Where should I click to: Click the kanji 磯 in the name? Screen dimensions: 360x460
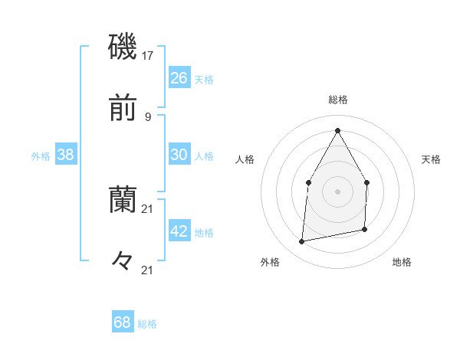pyautogui.click(x=123, y=47)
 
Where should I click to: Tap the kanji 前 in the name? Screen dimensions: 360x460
pyautogui.click(x=123, y=110)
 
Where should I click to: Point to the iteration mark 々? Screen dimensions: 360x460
pyautogui.click(x=123, y=261)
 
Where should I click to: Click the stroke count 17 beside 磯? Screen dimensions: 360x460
pyautogui.click(x=148, y=55)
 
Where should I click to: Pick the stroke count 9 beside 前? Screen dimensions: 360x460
pyautogui.click(x=148, y=116)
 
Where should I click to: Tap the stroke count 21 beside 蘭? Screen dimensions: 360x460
pyautogui.click(x=148, y=208)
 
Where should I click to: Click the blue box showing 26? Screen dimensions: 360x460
pyautogui.click(x=179, y=77)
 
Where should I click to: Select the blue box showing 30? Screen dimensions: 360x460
pyautogui.click(x=179, y=154)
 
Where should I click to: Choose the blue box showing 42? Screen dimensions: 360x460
pyautogui.click(x=179, y=231)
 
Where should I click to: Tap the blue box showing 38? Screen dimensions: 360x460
pyautogui.click(x=65, y=155)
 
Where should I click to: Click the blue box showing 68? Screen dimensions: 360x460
pyautogui.click(x=122, y=322)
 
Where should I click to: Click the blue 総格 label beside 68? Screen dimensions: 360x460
pyautogui.click(x=147, y=324)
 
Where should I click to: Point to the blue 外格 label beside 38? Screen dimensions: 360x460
pyautogui.click(x=41, y=156)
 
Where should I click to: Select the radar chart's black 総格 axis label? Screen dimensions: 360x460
pyautogui.click(x=338, y=100)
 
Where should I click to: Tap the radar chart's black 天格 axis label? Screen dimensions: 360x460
pyautogui.click(x=431, y=159)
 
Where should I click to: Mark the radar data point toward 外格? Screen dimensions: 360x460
pyautogui.click(x=302, y=242)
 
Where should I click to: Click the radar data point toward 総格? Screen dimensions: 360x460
pyautogui.click(x=337, y=129)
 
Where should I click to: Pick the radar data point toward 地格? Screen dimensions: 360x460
pyautogui.click(x=364, y=229)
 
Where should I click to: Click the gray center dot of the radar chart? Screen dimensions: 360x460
pyautogui.click(x=337, y=191)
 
